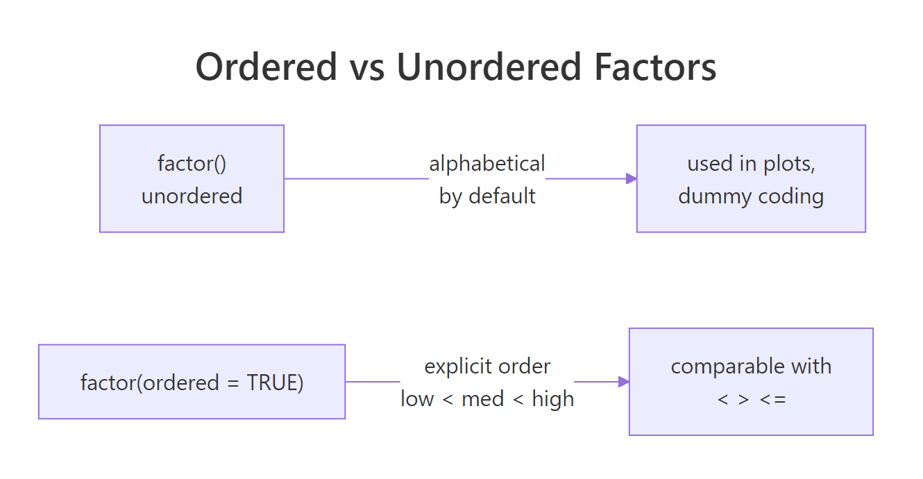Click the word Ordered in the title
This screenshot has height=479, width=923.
(x=266, y=67)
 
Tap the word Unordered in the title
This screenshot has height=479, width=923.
(x=489, y=67)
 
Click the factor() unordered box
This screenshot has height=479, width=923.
(x=192, y=178)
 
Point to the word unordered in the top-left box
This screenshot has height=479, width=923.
(x=192, y=196)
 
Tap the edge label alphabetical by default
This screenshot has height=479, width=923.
(x=487, y=179)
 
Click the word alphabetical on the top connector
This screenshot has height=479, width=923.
(x=487, y=164)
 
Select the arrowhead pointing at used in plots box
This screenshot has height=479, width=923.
(x=631, y=178)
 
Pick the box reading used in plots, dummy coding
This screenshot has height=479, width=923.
(x=751, y=178)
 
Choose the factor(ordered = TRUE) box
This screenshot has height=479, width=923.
(x=192, y=382)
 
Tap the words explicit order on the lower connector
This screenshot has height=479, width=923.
(x=487, y=366)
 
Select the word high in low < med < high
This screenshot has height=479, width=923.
(x=553, y=399)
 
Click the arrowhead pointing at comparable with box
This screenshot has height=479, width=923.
(x=623, y=382)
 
